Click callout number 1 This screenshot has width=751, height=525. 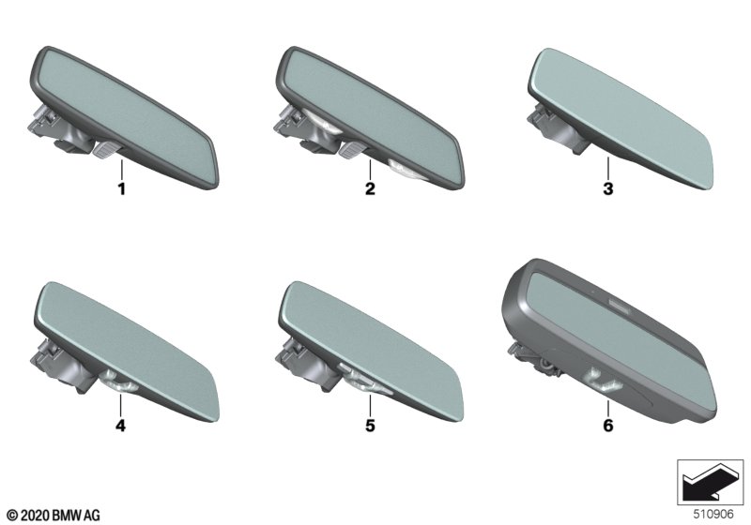122,188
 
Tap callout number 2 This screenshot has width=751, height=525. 370,188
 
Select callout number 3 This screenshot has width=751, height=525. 607,188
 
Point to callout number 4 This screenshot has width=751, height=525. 121,425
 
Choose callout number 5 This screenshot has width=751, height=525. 370,425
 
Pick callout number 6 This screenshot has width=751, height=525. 607,425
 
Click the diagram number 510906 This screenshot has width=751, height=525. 713,514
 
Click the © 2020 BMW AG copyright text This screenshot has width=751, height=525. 54,516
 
